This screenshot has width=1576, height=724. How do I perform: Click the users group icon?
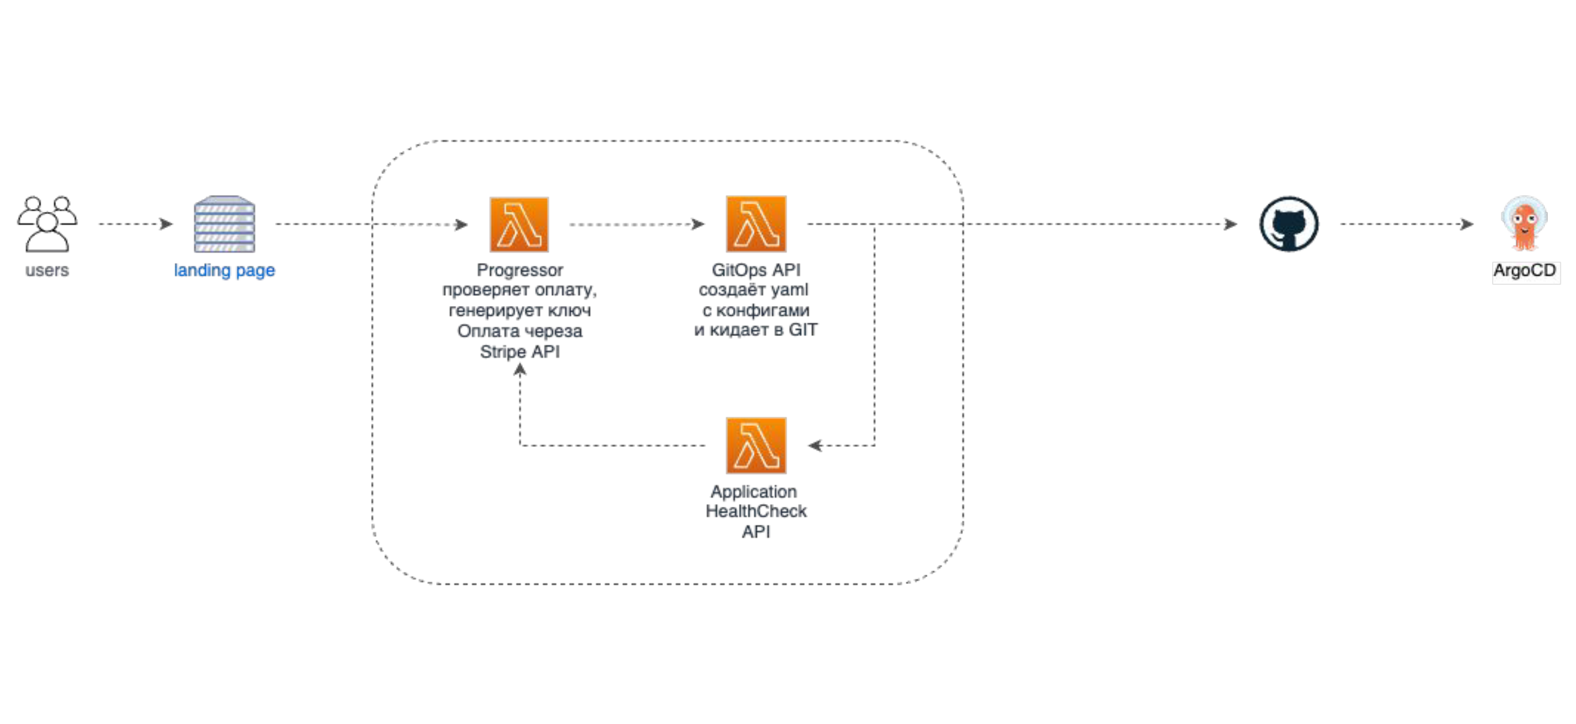pyautogui.click(x=47, y=224)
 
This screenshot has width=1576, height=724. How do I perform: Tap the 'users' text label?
pyautogui.click(x=47, y=270)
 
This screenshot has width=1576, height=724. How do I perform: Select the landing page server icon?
pyautogui.click(x=225, y=224)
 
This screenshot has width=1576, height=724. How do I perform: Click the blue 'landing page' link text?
pyautogui.click(x=225, y=270)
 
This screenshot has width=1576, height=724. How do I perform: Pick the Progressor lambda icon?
pyautogui.click(x=519, y=224)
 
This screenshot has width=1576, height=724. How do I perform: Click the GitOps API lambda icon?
pyautogui.click(x=756, y=224)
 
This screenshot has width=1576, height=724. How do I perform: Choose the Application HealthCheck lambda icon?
pyautogui.click(x=756, y=445)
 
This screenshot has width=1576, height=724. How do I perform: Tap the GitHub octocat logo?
pyautogui.click(x=1289, y=224)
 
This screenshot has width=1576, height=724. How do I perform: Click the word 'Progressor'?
pyautogui.click(x=519, y=270)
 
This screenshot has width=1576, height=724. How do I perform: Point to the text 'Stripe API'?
pyautogui.click(x=519, y=352)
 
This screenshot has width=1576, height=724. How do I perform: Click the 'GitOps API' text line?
pyautogui.click(x=756, y=270)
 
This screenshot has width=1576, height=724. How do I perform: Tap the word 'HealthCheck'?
pyautogui.click(x=756, y=511)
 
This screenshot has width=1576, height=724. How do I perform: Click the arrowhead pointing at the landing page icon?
pyautogui.click(x=167, y=224)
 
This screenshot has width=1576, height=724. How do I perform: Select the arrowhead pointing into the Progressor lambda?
pyautogui.click(x=462, y=224)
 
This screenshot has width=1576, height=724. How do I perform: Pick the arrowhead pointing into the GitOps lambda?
pyautogui.click(x=698, y=224)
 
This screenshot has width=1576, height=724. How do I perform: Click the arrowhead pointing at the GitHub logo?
pyautogui.click(x=1231, y=224)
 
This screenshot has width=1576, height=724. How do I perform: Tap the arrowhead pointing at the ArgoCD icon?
pyautogui.click(x=1467, y=224)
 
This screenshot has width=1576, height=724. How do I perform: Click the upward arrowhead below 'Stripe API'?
pyautogui.click(x=519, y=369)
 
